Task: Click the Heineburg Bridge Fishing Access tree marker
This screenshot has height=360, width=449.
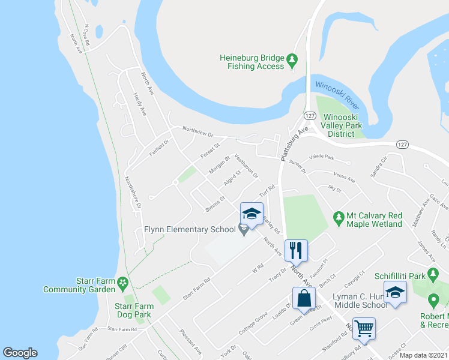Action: point(292,59)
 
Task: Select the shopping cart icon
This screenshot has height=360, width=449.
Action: point(364,328)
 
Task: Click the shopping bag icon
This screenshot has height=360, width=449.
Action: point(304,297)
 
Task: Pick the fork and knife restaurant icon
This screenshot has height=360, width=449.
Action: point(295,249)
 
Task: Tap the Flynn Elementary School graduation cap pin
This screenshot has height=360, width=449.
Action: point(252,214)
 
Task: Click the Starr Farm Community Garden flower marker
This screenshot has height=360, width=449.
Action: point(123,281)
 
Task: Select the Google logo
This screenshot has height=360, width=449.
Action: point(20,353)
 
